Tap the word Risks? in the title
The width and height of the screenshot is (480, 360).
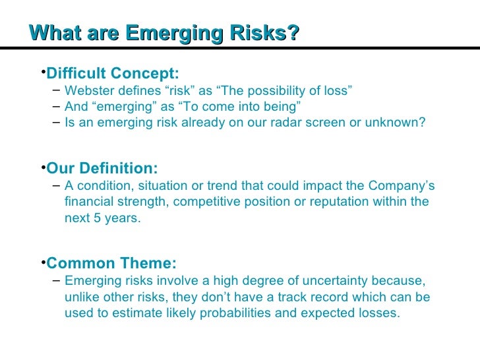pyautogui.click(x=264, y=33)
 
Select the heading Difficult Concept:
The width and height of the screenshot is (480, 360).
pyautogui.click(x=113, y=73)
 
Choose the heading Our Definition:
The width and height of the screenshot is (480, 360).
pyautogui.click(x=102, y=168)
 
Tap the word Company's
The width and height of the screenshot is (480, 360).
pyautogui.click(x=404, y=186)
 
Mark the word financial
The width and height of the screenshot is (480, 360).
pyautogui.click(x=88, y=202)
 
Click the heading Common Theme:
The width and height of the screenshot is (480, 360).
pyautogui.click(x=111, y=264)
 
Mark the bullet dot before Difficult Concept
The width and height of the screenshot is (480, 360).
pyautogui.click(x=42, y=70)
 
